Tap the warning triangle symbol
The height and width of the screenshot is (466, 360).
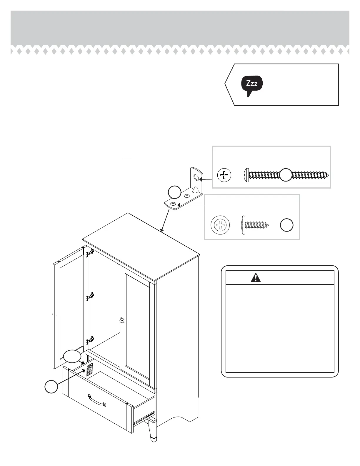point(256,277)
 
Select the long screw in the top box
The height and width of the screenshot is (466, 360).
point(287,175)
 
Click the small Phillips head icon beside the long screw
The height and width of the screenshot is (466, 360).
point(224,175)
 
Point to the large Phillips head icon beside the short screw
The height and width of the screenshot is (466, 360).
point(220,225)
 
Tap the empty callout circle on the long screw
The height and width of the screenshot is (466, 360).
point(285,175)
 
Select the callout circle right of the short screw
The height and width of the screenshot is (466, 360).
point(286,225)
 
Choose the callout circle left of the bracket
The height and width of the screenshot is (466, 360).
point(174,192)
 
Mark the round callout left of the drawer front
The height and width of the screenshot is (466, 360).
point(51,387)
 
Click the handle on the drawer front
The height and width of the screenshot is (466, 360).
point(97,401)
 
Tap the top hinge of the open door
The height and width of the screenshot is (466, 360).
point(90,252)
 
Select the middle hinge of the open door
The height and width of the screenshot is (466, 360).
point(90,297)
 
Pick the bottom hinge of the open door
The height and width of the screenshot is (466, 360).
point(90,341)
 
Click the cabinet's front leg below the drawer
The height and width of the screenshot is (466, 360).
point(152,430)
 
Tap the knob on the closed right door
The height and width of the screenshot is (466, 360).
point(122,320)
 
